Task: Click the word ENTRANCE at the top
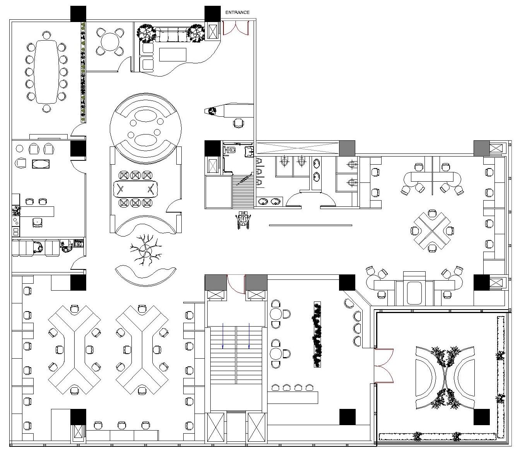tap(237, 12)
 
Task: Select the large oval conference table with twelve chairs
tap(47, 72)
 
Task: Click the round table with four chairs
tap(110, 42)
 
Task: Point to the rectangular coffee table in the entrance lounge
tap(172, 54)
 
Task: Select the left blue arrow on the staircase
tap(223, 335)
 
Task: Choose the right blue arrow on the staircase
tap(249, 335)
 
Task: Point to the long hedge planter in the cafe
tap(317, 334)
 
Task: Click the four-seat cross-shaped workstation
tap(432, 231)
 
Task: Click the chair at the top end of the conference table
tap(47, 35)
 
